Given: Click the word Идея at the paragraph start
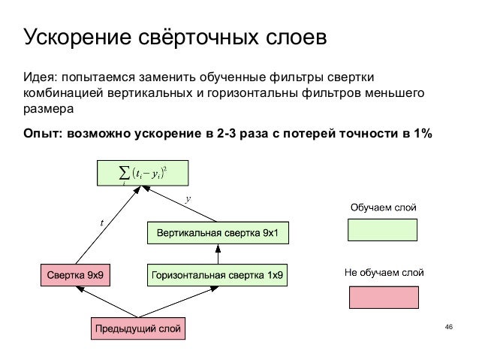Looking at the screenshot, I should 39,77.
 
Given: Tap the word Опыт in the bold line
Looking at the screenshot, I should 43,135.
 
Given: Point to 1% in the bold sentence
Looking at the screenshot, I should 422,135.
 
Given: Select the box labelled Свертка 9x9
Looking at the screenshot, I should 75,275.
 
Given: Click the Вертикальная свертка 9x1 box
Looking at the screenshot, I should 218,233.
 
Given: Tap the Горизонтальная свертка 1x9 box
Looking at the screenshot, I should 217,275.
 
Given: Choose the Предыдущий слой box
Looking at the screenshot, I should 137,328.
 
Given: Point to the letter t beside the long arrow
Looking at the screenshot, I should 102,222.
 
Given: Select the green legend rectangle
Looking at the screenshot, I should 383,229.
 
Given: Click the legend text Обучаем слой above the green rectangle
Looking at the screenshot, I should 383,206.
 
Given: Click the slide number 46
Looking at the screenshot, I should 449,327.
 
